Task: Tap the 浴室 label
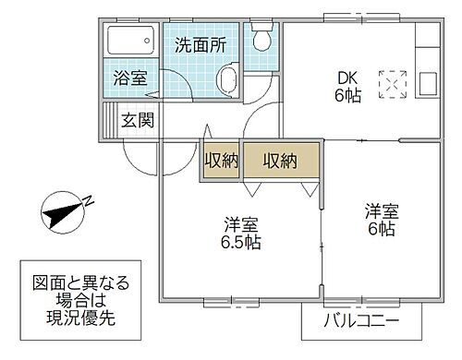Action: [130, 78]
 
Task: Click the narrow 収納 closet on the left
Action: [222, 161]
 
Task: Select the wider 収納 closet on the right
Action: [280, 161]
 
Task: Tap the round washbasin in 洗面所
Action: [228, 79]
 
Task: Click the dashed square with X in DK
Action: [392, 84]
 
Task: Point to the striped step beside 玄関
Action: [110, 120]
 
